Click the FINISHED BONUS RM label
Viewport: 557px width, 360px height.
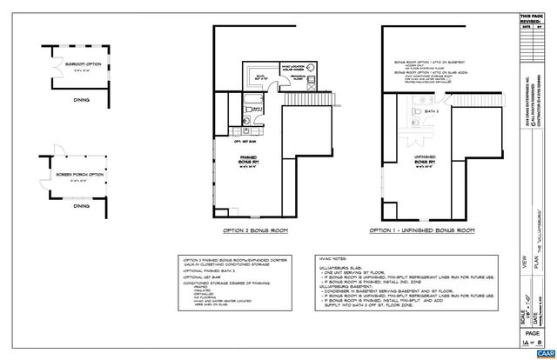(x=252, y=160)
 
